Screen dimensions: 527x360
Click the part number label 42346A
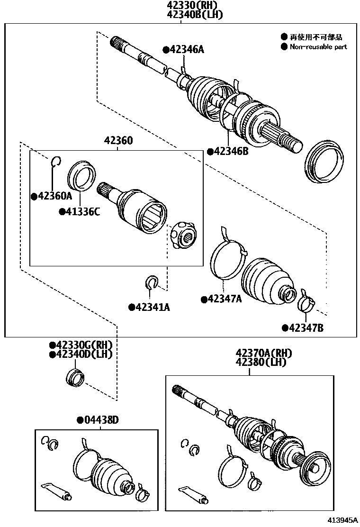point(183,50)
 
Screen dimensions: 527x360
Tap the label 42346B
point(228,152)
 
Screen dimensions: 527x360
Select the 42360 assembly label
point(118,141)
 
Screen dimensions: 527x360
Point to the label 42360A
point(52,196)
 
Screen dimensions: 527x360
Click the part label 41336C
point(80,212)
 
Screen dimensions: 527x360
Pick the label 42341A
point(149,307)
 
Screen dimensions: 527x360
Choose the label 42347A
point(221,299)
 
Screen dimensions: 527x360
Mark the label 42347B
point(303,327)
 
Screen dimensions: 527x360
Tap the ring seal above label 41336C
point(81,174)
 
